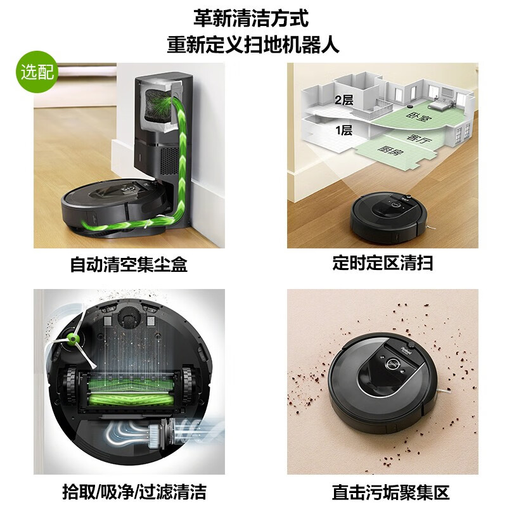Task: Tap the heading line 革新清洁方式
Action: [253, 18]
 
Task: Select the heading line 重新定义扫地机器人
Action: [253, 45]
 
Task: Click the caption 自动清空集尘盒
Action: [129, 264]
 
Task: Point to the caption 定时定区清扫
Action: [382, 264]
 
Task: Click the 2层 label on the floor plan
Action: [343, 99]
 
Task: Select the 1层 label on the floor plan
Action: [343, 131]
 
